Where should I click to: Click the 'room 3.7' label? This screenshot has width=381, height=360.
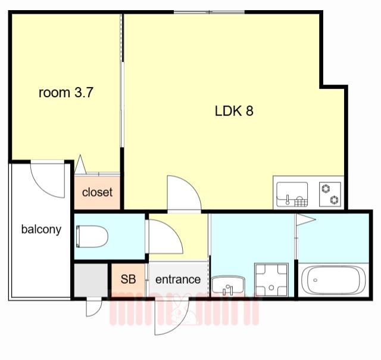66,92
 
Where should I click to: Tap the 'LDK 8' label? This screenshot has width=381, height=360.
234,111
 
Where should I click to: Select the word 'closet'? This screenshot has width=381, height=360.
97,192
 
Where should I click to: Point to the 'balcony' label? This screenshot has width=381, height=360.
41,229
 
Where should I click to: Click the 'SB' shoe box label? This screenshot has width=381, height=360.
128,279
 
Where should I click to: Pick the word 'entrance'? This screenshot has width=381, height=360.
178,280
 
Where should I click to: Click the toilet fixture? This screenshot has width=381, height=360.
92,237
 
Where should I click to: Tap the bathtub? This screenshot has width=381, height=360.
333,280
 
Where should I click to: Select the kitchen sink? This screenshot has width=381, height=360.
292,194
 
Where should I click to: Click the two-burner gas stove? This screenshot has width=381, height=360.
330,194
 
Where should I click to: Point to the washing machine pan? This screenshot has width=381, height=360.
271,280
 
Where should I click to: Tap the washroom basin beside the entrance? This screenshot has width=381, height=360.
228,285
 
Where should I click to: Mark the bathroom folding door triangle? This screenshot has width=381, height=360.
305,219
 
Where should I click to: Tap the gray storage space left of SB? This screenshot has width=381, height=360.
91,280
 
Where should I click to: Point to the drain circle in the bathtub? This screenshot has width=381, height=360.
316,280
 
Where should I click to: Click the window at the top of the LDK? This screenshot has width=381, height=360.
209,12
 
